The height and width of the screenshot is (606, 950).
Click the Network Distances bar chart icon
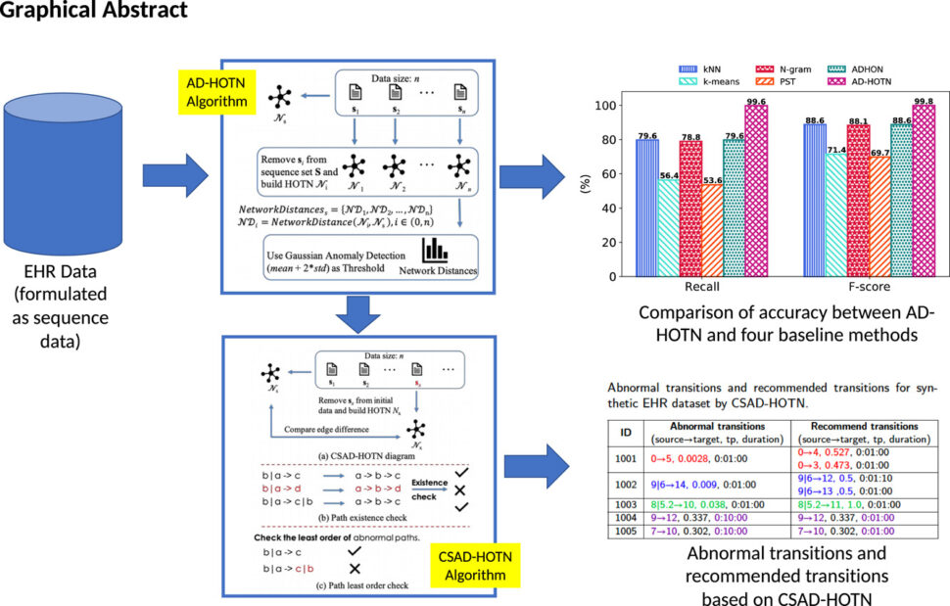435,251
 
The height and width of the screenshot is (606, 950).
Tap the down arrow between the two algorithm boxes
358,313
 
